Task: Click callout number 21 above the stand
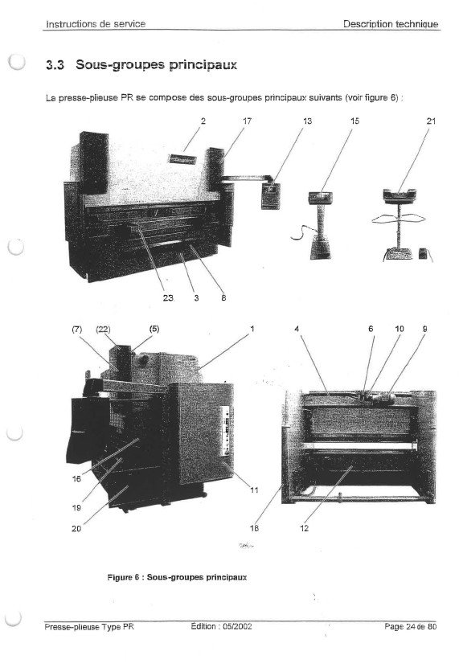click(x=432, y=121)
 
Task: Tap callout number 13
click(x=307, y=121)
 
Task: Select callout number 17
click(x=248, y=121)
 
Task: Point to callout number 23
click(x=168, y=297)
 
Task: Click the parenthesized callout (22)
click(x=103, y=329)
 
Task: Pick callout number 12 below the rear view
click(x=305, y=528)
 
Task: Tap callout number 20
click(x=76, y=529)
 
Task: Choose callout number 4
click(x=297, y=329)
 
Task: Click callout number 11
click(x=254, y=490)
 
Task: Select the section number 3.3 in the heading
click(x=55, y=65)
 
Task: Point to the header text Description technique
click(x=391, y=24)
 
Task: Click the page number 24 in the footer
click(x=411, y=626)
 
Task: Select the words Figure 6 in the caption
click(x=123, y=578)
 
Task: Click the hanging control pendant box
click(x=271, y=195)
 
